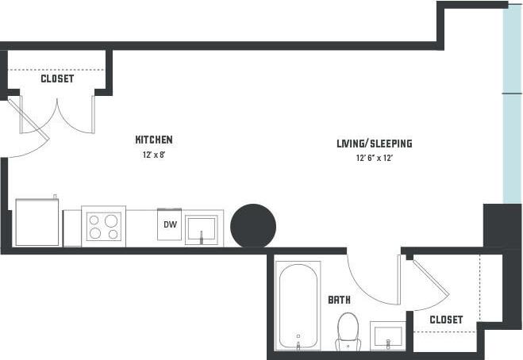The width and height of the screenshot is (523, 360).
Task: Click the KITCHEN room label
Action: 153,140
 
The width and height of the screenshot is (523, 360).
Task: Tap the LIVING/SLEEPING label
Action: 374,144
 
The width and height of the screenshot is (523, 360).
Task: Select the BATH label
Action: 340,301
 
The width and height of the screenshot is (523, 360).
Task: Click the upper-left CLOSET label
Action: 57,79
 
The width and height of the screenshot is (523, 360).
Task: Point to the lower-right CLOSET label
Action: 445,320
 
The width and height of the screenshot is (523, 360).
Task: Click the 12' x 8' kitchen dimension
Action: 153,155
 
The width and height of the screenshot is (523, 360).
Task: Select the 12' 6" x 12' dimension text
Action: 374,159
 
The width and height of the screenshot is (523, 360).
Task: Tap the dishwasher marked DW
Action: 170,226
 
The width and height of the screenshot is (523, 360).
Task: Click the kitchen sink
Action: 204,228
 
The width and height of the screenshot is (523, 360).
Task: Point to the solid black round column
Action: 253,226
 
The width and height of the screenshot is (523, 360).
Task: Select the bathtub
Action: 298,304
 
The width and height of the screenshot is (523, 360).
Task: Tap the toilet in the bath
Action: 348,331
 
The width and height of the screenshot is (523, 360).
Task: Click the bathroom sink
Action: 387,335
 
